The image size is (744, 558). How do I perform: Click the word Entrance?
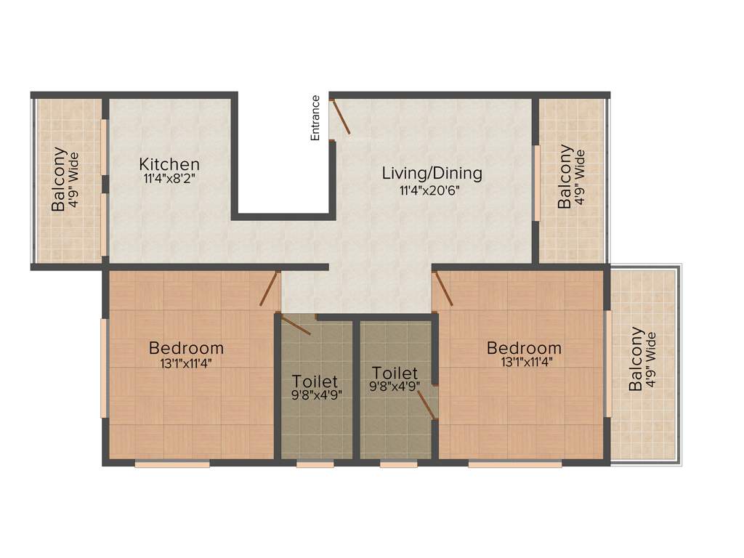pos(315,118)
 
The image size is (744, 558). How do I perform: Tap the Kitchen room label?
pos(169,164)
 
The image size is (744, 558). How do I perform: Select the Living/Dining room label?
pos(432,173)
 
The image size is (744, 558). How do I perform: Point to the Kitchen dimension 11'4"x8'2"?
pos(169,179)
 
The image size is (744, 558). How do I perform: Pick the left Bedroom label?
pos(186,347)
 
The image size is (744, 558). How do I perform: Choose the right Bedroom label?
pos(524,347)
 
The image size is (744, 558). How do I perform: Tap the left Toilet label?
pos(315,381)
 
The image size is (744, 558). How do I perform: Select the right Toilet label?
pos(395,373)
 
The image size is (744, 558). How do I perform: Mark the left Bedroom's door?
pos(270,288)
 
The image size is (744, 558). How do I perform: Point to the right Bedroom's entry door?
pos(442,288)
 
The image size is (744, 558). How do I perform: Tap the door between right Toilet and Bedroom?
pos(428,406)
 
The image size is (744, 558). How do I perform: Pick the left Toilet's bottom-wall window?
pos(315,464)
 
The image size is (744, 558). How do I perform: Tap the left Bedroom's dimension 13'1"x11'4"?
pos(187,363)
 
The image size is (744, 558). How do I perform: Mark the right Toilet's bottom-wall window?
pos(398,464)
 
